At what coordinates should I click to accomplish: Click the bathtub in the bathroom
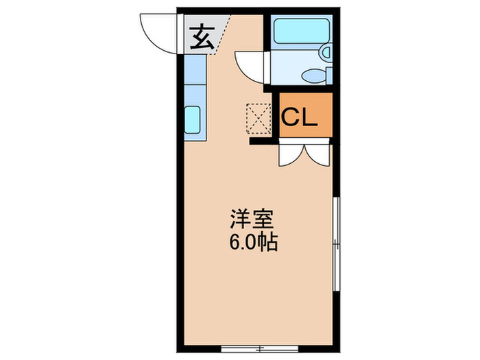pos(300,30)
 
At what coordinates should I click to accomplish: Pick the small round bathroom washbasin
pos(326,52)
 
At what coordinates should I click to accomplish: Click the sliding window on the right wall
pos(335,244)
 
